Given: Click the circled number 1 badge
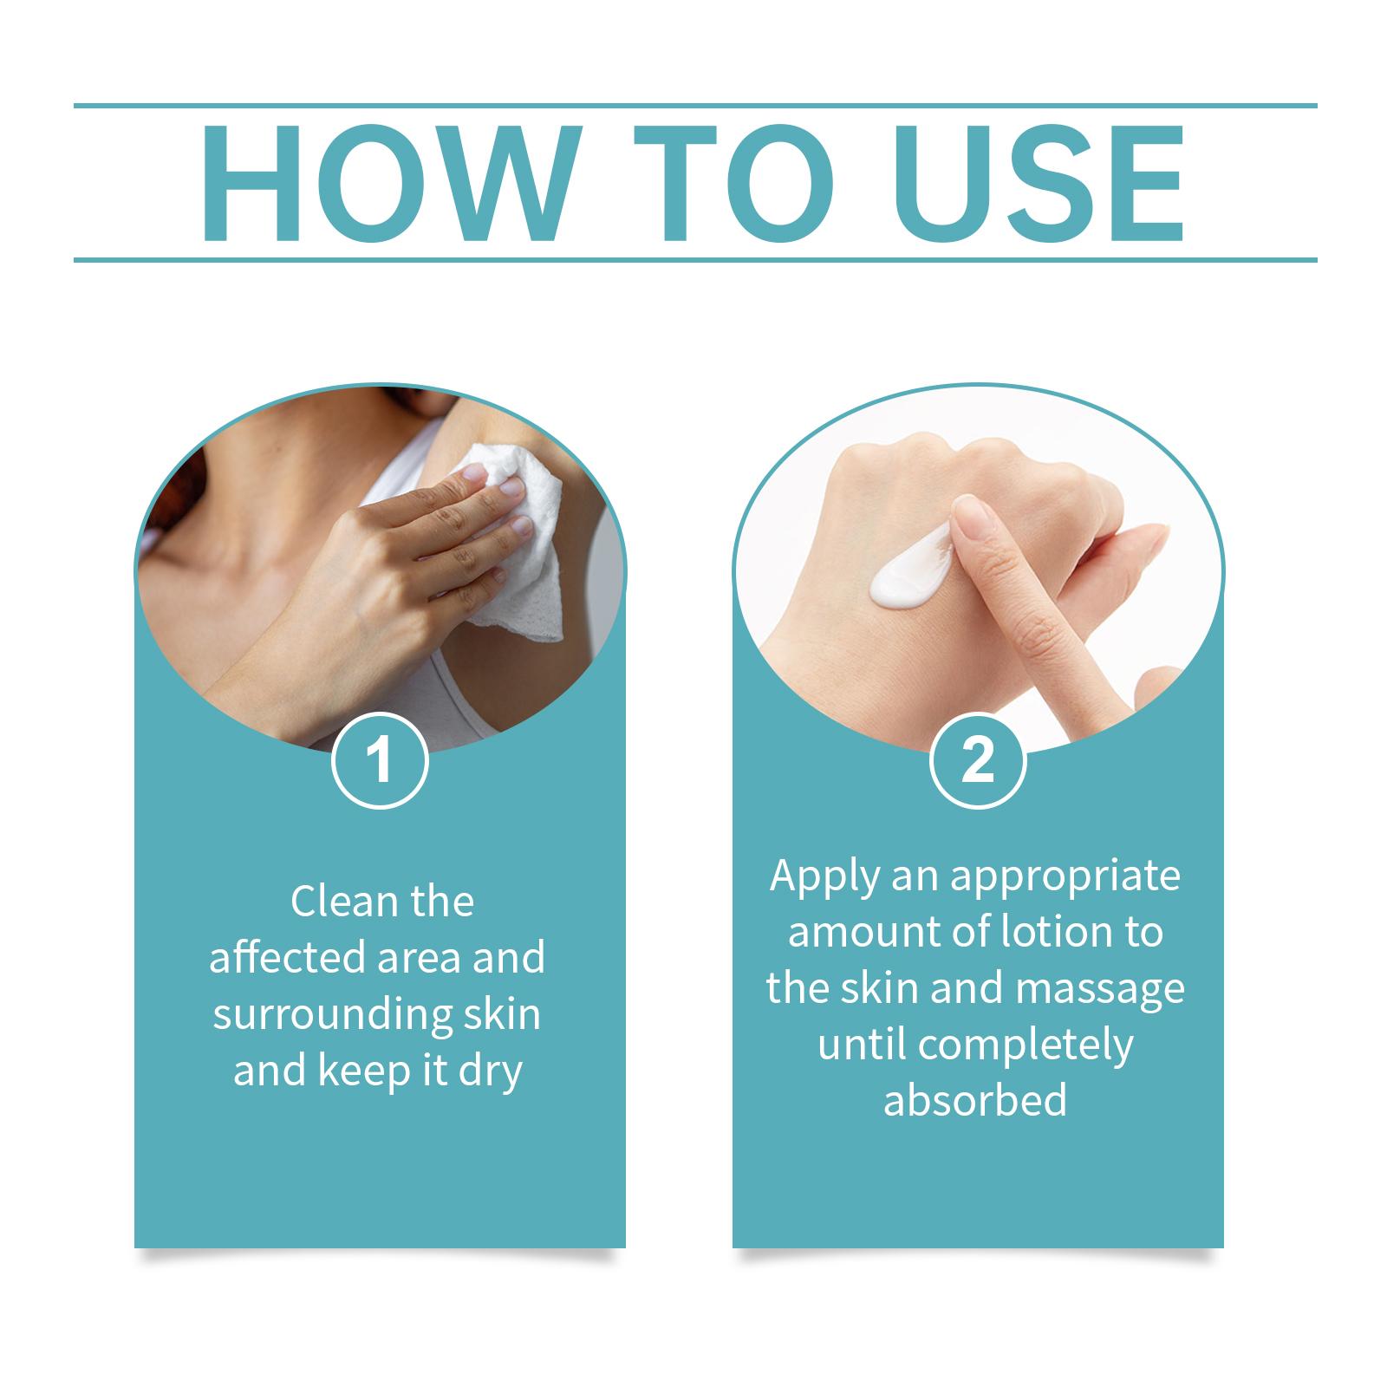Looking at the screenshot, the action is [x=380, y=760].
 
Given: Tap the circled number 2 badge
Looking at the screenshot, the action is [x=978, y=760].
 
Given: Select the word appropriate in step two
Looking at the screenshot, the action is [x=1065, y=877].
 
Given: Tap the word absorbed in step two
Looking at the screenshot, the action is [x=974, y=1100].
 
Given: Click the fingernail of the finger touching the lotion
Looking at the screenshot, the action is [x=974, y=520].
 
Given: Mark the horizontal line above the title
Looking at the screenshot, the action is [x=695, y=106].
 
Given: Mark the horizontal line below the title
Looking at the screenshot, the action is [x=695, y=259].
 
